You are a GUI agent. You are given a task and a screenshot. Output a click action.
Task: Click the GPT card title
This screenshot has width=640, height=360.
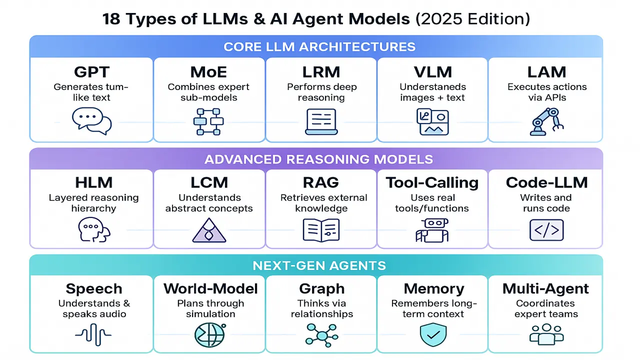click(x=91, y=72)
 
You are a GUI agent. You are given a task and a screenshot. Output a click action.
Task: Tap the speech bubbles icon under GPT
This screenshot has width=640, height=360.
click(x=91, y=121)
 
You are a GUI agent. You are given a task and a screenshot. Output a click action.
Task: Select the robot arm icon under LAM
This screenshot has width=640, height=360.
click(x=546, y=121)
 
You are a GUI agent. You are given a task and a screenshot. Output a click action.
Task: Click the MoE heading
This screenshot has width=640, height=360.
click(x=209, y=72)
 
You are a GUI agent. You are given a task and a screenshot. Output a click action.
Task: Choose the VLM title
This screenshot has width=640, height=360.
click(x=433, y=72)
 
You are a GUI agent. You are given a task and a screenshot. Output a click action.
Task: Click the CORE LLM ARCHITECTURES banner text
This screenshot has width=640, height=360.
click(x=319, y=47)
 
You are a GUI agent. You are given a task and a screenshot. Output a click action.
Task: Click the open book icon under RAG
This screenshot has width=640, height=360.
click(x=321, y=230)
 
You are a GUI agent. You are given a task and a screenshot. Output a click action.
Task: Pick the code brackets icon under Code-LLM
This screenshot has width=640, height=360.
click(x=546, y=230)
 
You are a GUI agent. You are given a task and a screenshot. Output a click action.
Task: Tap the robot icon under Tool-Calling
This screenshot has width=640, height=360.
click(x=432, y=230)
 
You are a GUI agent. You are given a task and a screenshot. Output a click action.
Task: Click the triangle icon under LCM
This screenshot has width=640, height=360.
click(x=209, y=231)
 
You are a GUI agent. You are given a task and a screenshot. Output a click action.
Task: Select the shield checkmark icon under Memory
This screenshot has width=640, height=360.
click(x=433, y=334)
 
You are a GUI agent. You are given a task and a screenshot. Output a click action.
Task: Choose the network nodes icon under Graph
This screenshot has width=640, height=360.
click(x=321, y=334)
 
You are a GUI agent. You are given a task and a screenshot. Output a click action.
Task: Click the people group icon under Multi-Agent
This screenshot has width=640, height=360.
click(x=546, y=334)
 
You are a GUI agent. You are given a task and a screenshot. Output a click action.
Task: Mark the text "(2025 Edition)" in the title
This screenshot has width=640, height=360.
click(x=472, y=19)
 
